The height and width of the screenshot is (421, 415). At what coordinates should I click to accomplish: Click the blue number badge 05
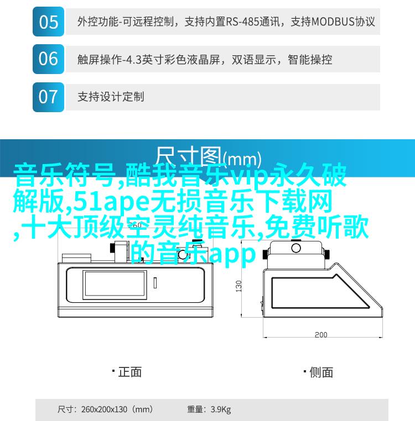[48, 22]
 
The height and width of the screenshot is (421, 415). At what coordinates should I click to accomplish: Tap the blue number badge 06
[48, 59]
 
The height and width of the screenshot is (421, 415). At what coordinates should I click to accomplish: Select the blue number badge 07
[48, 97]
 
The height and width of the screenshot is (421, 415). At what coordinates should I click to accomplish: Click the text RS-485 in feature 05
[242, 22]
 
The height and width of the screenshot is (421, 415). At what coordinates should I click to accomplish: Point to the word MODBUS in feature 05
[333, 22]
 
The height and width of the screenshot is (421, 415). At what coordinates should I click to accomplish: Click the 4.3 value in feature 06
[134, 60]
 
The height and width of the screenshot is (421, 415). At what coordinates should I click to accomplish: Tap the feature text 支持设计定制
[111, 97]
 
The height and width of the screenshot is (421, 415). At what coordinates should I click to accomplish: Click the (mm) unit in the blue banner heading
[242, 159]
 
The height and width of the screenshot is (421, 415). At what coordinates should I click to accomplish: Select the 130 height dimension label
[238, 286]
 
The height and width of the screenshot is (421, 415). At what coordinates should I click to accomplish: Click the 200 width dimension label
[321, 335]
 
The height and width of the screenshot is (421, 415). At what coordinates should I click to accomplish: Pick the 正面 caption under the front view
[130, 372]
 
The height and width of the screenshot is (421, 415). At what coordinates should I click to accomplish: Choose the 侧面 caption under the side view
[321, 373]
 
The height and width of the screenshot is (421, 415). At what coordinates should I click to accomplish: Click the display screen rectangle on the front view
[115, 285]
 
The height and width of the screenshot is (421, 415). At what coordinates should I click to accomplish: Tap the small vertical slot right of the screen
[155, 283]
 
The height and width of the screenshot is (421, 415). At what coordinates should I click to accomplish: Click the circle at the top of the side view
[296, 248]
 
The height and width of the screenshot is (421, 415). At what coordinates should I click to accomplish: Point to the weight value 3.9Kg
[221, 409]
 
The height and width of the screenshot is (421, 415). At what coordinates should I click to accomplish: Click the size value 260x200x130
[104, 409]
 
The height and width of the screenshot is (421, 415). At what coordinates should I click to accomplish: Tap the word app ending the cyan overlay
[232, 254]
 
